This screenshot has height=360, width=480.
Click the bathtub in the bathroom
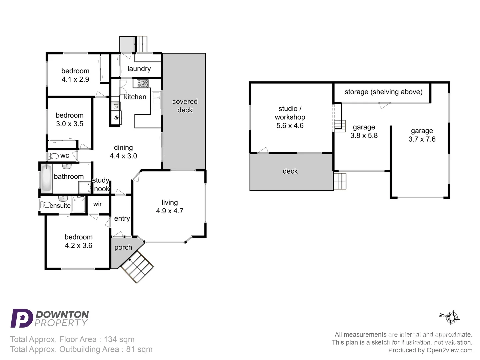point(46,178)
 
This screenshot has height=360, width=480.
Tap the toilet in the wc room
point(53,156)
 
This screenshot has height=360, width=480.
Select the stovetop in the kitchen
point(143,83)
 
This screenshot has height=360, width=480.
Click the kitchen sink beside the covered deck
point(156,100)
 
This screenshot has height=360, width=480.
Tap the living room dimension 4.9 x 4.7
point(169,211)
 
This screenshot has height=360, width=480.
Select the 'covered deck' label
point(185,106)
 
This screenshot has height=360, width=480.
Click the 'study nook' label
point(101,184)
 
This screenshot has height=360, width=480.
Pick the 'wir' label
point(97,204)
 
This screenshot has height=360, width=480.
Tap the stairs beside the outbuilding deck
point(340,181)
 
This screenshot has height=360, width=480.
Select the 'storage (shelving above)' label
point(383,92)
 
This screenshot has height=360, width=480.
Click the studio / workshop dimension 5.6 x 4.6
point(290,126)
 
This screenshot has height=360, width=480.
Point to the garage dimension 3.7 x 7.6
point(422,139)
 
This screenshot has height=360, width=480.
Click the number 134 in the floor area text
point(110,339)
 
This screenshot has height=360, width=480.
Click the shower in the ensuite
point(79,204)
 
